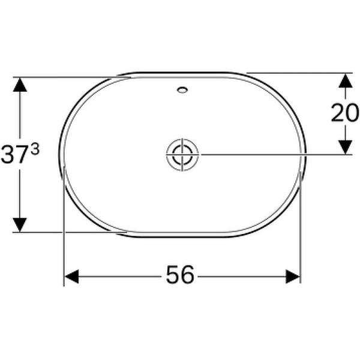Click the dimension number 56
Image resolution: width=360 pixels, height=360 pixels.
click(x=180, y=276)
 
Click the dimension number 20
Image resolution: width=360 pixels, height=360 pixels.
click(x=344, y=113)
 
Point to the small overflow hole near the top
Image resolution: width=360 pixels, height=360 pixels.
click(x=182, y=91)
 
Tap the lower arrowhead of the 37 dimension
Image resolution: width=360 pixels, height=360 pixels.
click(x=20, y=225)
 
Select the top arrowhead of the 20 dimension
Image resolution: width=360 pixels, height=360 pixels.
click(x=344, y=80)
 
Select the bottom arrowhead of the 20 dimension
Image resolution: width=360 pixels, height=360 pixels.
click(x=344, y=147)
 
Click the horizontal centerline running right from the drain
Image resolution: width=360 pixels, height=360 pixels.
click(x=270, y=154)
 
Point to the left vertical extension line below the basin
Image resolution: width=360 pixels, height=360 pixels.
click(x=64, y=240)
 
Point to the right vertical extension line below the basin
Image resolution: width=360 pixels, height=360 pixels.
click(x=300, y=240)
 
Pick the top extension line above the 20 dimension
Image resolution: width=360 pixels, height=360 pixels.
click(x=300, y=73)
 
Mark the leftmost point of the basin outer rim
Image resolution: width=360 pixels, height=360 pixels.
click(x=59, y=154)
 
